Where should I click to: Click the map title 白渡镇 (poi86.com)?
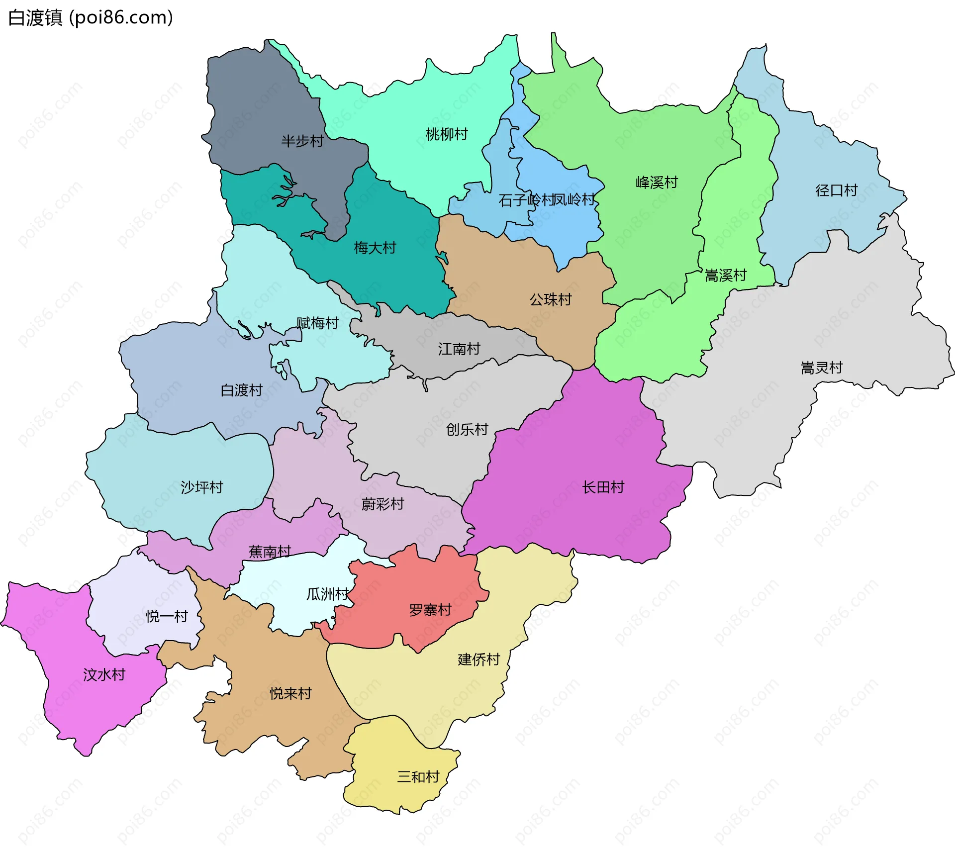91,17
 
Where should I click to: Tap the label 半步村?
302,141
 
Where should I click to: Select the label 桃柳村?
446,134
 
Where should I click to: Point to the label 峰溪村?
657,182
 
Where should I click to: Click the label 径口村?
836,190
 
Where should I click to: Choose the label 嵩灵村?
821,368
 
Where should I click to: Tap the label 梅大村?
375,247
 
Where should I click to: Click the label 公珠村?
550,299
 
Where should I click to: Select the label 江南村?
459,349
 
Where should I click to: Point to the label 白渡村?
241,390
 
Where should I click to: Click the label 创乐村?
467,429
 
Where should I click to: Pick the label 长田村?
603,487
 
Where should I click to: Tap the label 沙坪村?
201,487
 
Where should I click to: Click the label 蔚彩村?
382,504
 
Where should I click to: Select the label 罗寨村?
430,610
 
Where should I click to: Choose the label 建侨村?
478,659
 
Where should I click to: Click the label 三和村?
418,776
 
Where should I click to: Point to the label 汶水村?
104,674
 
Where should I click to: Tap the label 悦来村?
290,693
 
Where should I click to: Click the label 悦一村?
167,616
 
